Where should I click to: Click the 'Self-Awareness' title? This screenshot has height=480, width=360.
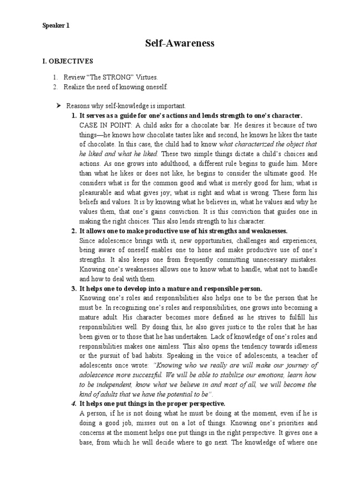[180, 44]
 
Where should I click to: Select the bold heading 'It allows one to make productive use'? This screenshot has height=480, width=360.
[183, 231]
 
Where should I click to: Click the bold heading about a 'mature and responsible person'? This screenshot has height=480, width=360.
[171, 288]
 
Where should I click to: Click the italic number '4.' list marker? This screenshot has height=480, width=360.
[74, 403]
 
